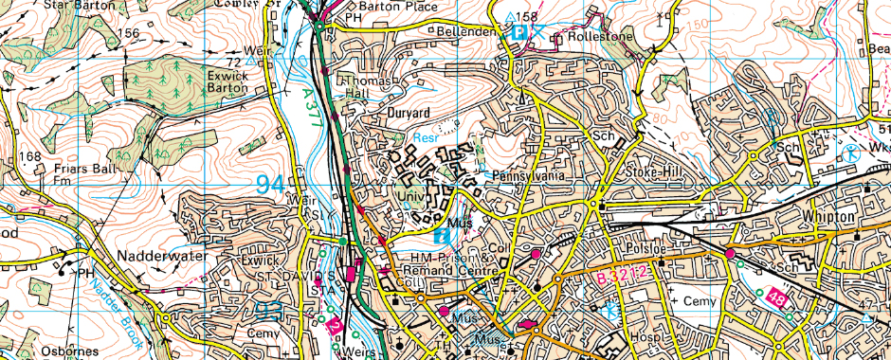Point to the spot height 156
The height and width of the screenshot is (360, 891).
pyautogui.click(x=129, y=33)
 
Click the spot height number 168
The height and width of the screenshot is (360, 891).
pyautogui.click(x=30, y=156)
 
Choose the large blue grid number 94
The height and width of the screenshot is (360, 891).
pyautogui.click(x=270, y=183)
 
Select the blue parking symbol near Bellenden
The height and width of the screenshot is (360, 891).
pyautogui.click(x=519, y=32)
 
